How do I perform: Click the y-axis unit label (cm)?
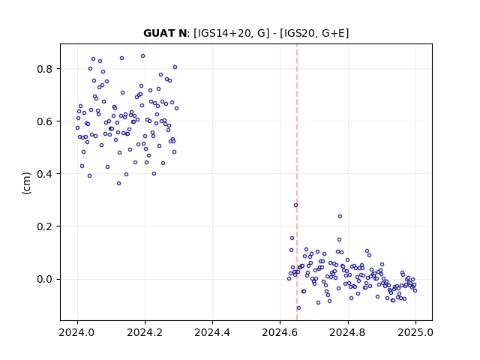point(27,183)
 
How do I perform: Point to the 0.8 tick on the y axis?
point(45,69)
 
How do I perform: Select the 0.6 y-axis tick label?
point(45,121)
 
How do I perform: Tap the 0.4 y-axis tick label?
point(45,174)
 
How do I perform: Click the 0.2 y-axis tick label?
point(45,226)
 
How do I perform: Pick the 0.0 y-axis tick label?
point(45,279)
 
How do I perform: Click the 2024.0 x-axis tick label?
point(77,332)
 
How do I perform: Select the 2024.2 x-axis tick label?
point(145,332)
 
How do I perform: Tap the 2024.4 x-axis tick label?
point(212,332)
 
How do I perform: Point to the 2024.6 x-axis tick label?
point(280,332)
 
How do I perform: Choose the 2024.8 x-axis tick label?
point(348,332)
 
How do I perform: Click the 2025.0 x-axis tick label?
point(415,332)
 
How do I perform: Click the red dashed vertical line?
point(297,182)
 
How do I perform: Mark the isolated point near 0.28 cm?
point(295,205)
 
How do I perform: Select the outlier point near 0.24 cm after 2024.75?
point(340,217)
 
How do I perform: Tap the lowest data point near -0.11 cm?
point(298,308)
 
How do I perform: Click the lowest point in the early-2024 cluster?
point(118,183)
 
